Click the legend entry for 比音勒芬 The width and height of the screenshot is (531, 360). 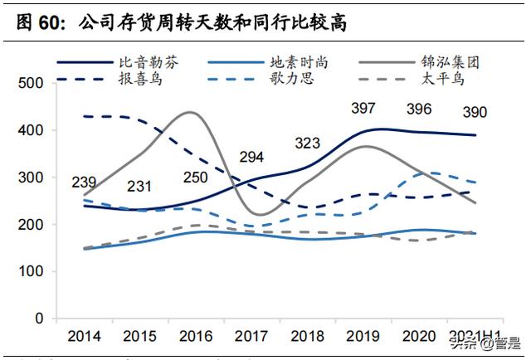[x=149, y=62]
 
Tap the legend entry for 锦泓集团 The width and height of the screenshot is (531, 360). [x=451, y=62]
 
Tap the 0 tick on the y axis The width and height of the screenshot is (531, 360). [x=38, y=319]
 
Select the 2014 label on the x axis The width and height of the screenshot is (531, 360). [x=85, y=336]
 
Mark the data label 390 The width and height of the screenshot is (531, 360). [x=474, y=112]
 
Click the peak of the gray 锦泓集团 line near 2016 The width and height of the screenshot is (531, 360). [x=190, y=112]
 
